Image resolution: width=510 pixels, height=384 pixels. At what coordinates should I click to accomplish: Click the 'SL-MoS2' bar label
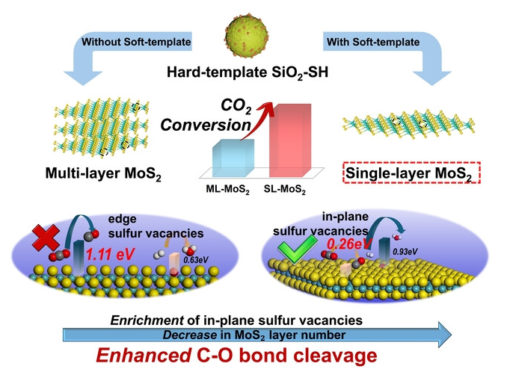pyautogui.click(x=286, y=192)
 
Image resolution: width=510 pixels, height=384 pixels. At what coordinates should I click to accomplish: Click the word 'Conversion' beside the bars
pyautogui.click(x=205, y=125)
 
